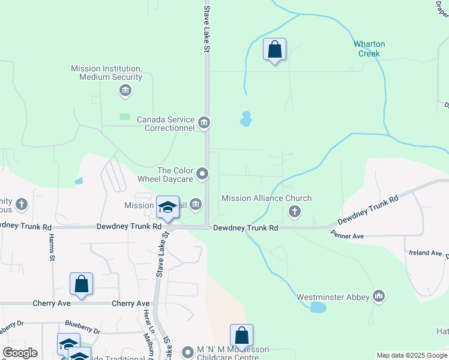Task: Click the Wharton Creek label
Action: (369, 49)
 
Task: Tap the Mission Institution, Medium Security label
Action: (106, 73)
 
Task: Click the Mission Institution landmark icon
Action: (125, 91)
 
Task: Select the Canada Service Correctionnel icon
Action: (204, 123)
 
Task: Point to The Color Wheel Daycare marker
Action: (203, 175)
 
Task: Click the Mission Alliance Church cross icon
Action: (294, 211)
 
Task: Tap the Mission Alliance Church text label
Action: (267, 198)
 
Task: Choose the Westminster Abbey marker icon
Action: (378, 296)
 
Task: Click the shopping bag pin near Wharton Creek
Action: (274, 50)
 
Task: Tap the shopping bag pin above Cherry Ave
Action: (81, 284)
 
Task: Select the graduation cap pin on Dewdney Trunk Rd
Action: (168, 208)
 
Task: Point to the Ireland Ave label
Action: (425, 253)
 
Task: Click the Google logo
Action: (19, 353)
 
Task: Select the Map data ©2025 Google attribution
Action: (412, 355)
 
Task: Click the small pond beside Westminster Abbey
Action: (318, 308)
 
